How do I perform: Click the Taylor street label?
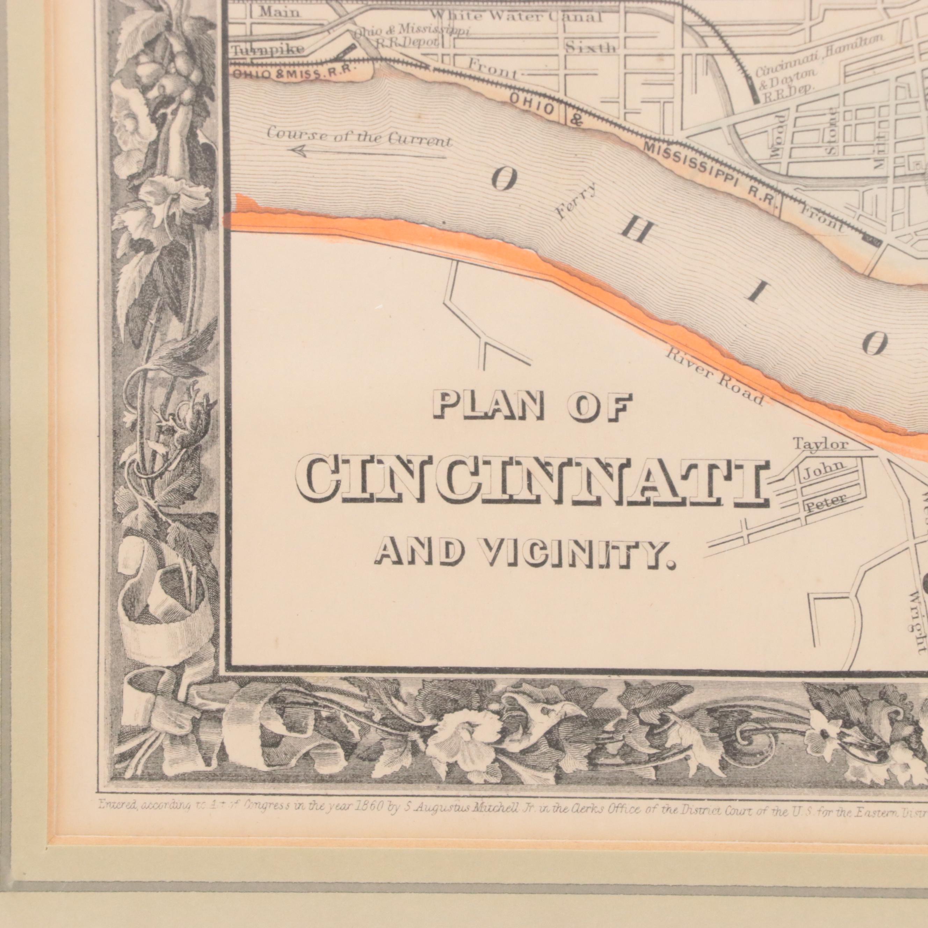point(820,444)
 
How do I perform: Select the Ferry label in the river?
point(577,201)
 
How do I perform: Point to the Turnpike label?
point(268,50)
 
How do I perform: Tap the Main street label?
point(279,12)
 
